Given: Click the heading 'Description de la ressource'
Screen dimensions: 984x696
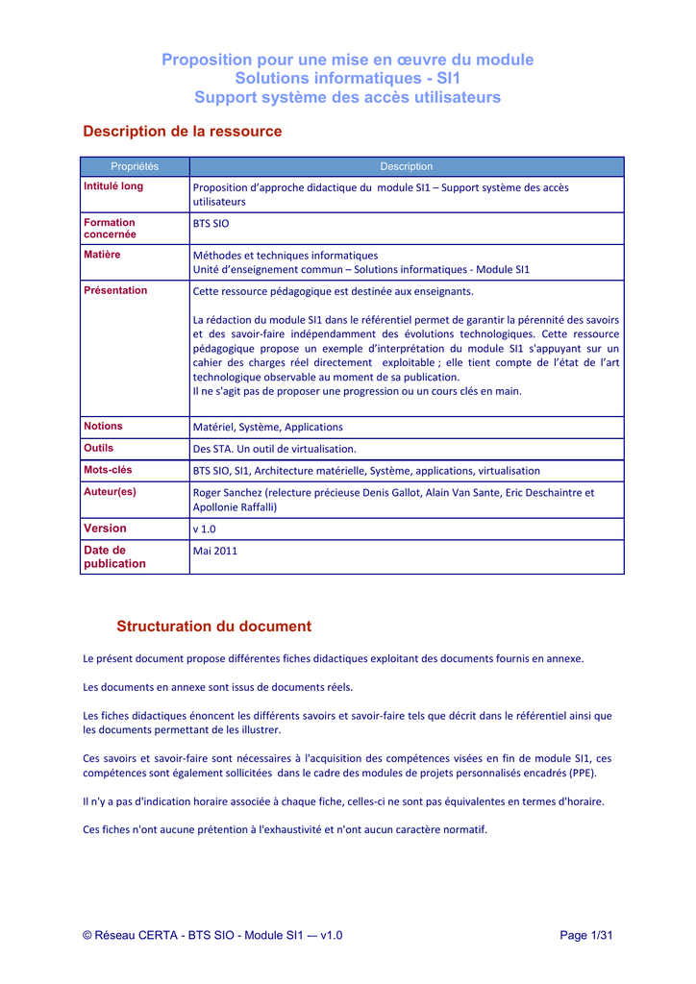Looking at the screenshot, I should pos(183,131).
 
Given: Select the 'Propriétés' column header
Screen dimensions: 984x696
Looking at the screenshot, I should pos(135,166).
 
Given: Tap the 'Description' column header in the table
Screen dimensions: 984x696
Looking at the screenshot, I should pos(407,166).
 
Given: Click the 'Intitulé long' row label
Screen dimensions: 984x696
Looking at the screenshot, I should pos(113,186).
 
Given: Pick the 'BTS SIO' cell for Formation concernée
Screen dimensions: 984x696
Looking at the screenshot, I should pos(211,223).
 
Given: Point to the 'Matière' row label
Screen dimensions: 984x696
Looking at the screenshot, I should pos(103,255).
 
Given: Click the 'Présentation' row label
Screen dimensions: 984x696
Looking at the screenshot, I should pos(115,290).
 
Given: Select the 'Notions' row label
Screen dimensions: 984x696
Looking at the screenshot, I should pos(103,426).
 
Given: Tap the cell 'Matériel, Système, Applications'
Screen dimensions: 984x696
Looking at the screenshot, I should pos(268,427).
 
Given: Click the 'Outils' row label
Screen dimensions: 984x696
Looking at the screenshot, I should pos(98,448).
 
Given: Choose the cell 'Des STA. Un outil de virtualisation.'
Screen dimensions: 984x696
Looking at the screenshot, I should pos(275,449).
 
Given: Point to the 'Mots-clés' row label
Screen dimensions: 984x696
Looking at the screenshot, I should pos(108,470).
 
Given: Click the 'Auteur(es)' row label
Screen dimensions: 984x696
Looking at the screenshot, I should pos(110,491).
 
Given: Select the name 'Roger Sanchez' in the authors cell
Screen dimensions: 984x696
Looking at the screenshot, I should pos(228,492).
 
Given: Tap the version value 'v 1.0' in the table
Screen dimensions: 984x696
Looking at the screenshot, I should pos(205,529).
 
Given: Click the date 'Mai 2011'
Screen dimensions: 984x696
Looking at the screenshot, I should pos(215,552).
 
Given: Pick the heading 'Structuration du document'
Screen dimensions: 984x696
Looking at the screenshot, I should pos(213,627).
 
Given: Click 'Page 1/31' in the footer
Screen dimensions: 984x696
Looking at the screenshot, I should pos(585,936).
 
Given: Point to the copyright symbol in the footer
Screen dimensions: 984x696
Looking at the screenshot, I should pos(87,936).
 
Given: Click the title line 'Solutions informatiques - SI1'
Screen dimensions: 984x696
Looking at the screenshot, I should pos(347,78).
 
